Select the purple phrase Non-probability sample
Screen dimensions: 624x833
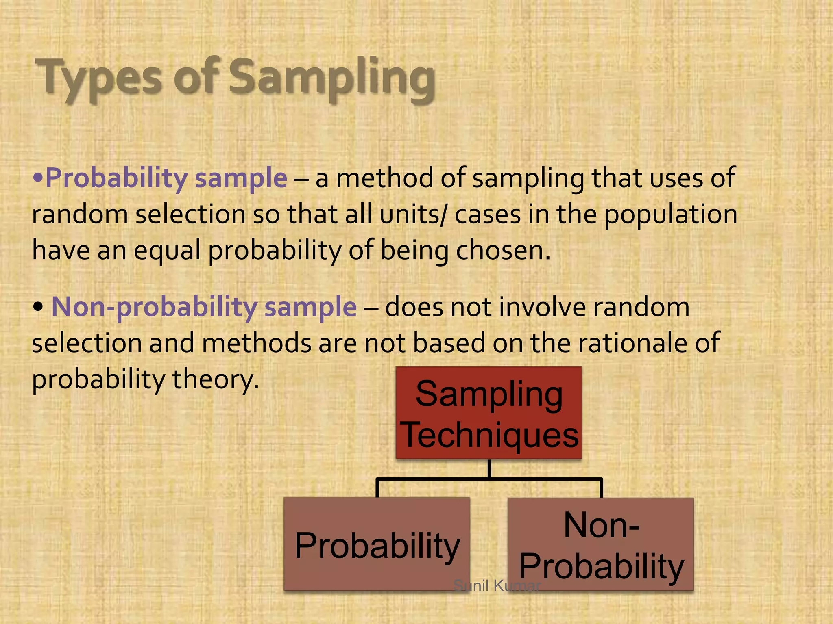click(204, 307)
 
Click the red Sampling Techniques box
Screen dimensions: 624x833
click(488, 413)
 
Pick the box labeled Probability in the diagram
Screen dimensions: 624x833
click(377, 544)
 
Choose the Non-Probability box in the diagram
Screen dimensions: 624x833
click(601, 544)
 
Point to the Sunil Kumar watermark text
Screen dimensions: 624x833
click(497, 586)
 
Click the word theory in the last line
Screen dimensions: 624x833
click(215, 379)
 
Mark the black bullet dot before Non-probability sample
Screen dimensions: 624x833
click(38, 308)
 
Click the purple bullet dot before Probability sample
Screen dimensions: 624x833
click(38, 178)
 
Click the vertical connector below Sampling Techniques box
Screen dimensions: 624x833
click(489, 469)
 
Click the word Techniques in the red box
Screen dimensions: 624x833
click(491, 435)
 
